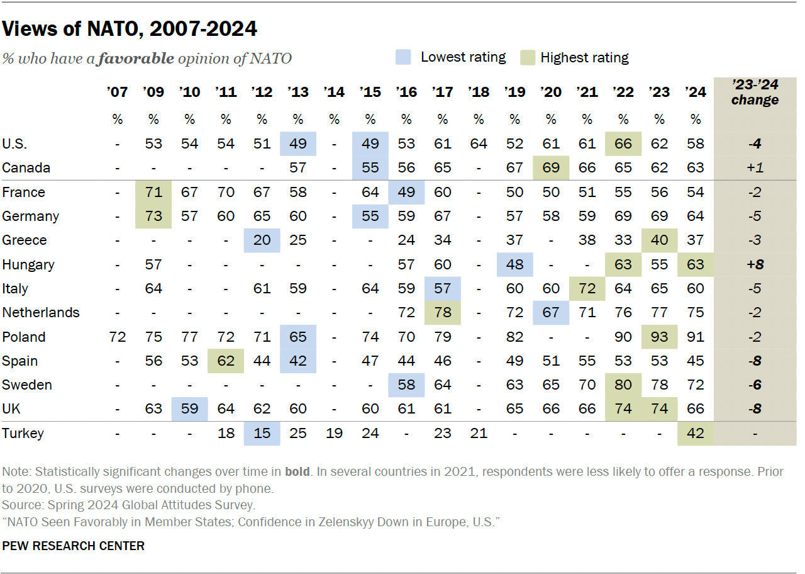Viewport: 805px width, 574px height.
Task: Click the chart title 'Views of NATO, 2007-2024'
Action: point(130,28)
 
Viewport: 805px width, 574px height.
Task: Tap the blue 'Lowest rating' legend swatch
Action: point(404,58)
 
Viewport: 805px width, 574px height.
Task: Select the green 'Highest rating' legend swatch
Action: point(528,58)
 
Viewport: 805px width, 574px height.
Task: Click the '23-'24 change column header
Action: point(755,93)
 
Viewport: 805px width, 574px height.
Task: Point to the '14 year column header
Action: point(334,93)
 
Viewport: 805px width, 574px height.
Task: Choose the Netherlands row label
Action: point(41,313)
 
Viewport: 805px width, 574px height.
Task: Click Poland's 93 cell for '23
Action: point(659,337)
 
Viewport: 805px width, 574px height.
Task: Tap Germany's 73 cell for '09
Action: point(153,217)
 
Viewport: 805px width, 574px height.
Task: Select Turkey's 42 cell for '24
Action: point(695,433)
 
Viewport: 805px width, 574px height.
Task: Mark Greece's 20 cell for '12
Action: point(262,240)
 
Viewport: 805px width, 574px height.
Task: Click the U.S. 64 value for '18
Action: point(479,143)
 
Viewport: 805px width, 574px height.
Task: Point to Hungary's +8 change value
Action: point(755,264)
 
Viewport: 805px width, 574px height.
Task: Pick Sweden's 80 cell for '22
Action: point(623,385)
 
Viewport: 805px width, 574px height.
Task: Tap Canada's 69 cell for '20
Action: point(551,168)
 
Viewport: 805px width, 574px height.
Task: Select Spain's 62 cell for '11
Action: point(226,361)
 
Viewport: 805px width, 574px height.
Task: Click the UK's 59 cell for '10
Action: point(189,409)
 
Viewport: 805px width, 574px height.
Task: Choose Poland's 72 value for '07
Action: point(117,337)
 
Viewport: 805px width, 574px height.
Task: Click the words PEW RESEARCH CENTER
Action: point(73,546)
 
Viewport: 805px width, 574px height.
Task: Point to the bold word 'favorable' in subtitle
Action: point(136,59)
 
